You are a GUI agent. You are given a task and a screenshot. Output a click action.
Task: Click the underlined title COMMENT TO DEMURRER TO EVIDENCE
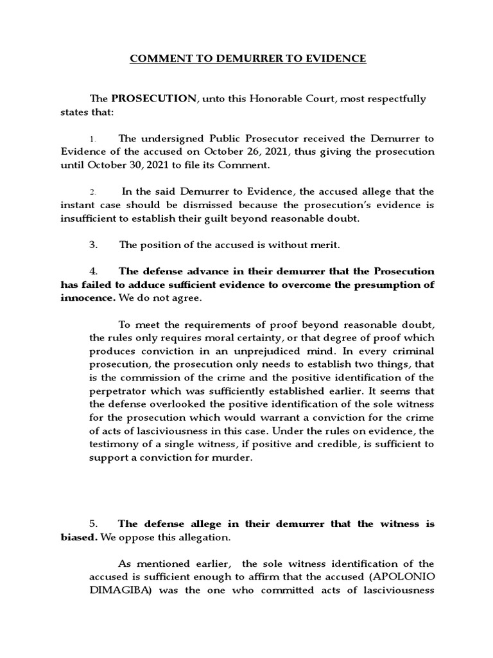[x=248, y=58]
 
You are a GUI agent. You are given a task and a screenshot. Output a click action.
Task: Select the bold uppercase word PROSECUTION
[x=153, y=98]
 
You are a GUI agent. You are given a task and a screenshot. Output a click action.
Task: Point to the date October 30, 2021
[x=122, y=165]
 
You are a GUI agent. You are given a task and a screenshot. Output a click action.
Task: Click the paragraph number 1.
[x=92, y=139]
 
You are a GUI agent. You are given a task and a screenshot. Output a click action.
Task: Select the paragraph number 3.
[x=93, y=245]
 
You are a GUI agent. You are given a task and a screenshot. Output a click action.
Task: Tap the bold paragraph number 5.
[x=93, y=524]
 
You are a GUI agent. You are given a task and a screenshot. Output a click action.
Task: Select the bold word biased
[x=79, y=537]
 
